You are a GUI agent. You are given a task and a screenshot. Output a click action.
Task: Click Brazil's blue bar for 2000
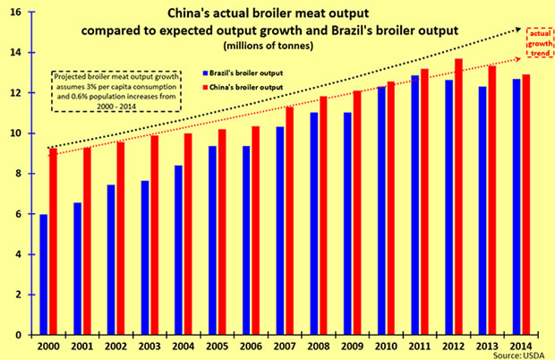click(x=43, y=274)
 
